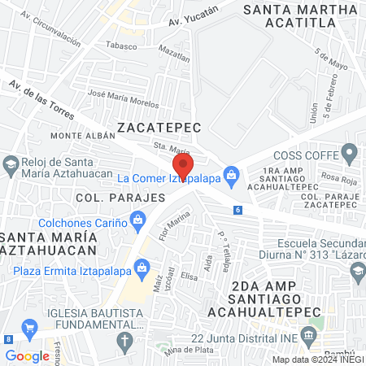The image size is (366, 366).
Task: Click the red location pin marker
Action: click(x=183, y=166)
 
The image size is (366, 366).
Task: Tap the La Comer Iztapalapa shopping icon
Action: click(x=232, y=174)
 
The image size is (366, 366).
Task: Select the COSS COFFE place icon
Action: click(x=350, y=152)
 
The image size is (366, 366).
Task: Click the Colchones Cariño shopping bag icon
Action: click(x=137, y=220)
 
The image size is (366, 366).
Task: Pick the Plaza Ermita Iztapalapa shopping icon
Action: click(x=143, y=266)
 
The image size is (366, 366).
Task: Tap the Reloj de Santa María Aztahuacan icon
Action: click(x=11, y=164)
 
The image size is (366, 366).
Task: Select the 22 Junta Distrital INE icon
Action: click(x=308, y=335)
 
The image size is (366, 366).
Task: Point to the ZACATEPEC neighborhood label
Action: click(x=155, y=127)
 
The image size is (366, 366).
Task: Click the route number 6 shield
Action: click(x=237, y=210)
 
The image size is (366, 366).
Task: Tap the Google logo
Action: click(x=27, y=355)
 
